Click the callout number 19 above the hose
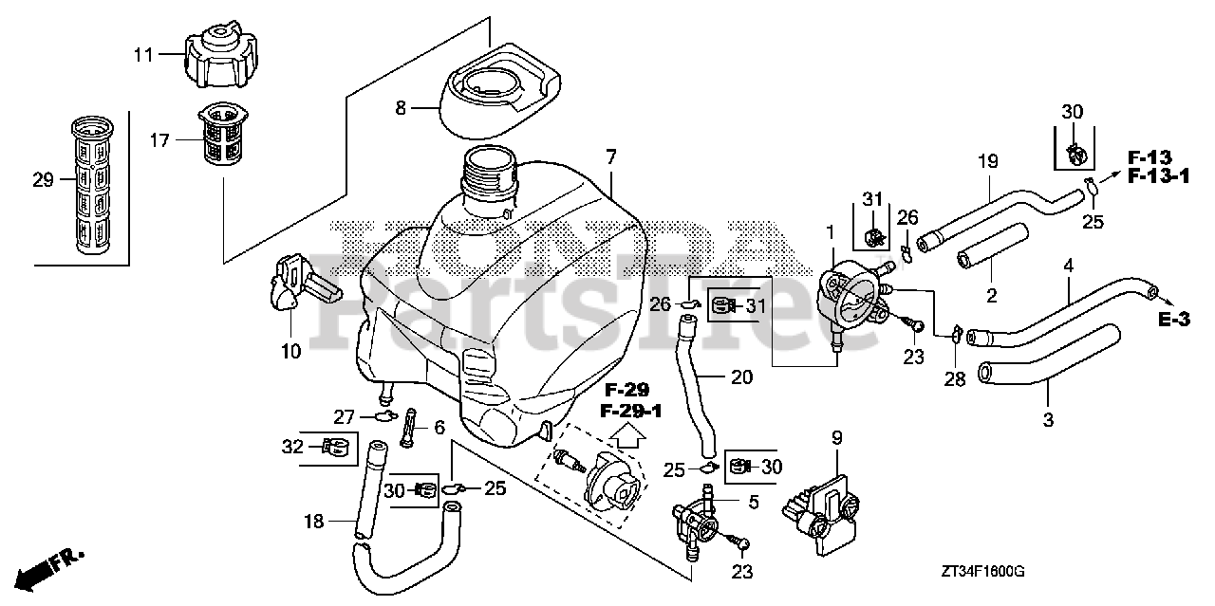point(988,162)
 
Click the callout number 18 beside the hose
point(314,521)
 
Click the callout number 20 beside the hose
point(741,376)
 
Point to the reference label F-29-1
point(624,411)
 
